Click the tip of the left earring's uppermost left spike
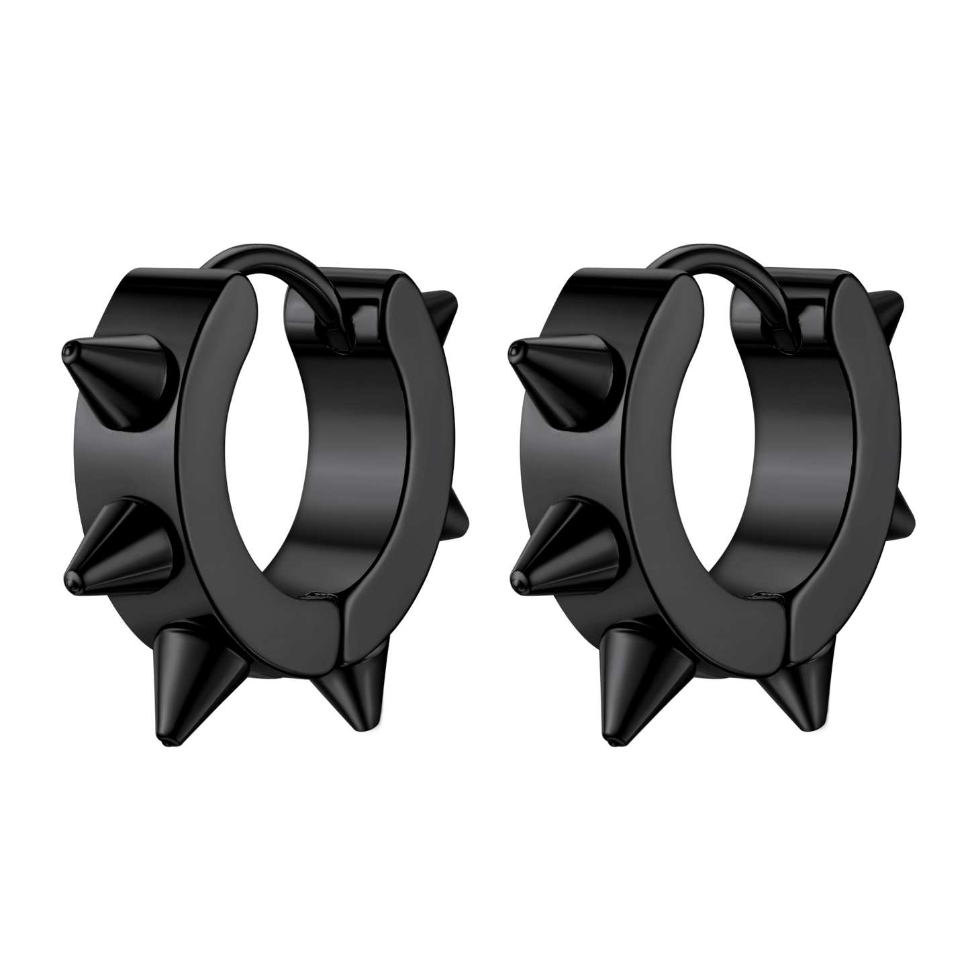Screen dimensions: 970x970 click(x=67, y=351)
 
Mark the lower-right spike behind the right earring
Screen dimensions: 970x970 click(x=906, y=514)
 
